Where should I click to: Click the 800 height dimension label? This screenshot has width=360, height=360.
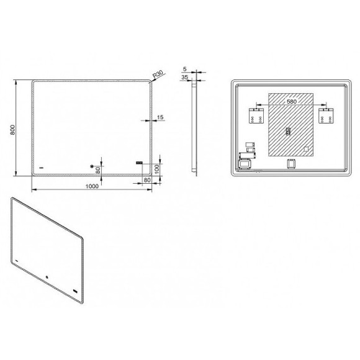(x=12, y=130)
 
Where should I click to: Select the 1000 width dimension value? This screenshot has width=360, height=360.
(x=92, y=186)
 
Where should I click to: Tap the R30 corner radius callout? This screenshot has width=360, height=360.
(x=158, y=74)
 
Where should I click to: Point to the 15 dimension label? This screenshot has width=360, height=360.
(x=160, y=117)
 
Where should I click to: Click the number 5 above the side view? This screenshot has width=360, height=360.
(x=185, y=69)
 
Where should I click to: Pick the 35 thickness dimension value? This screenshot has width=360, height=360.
(x=184, y=78)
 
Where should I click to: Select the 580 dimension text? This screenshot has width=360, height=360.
(x=292, y=101)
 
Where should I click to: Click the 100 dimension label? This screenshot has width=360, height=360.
(x=157, y=169)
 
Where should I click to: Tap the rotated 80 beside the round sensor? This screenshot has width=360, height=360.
(x=98, y=170)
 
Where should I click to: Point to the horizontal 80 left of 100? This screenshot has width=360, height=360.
(x=147, y=180)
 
